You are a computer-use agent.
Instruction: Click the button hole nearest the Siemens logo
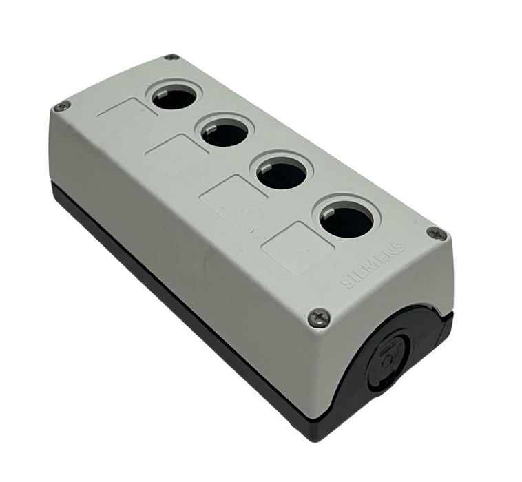click(346, 220)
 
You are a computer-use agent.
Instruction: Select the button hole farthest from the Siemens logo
click(174, 98)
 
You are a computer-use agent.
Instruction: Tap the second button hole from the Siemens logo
click(282, 174)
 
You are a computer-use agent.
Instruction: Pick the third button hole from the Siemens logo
click(226, 132)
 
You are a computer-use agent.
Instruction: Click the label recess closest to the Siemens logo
click(297, 249)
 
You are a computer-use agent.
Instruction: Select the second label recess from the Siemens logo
click(233, 198)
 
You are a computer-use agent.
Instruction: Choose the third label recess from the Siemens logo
click(177, 154)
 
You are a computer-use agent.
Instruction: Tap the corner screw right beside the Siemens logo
click(437, 233)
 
